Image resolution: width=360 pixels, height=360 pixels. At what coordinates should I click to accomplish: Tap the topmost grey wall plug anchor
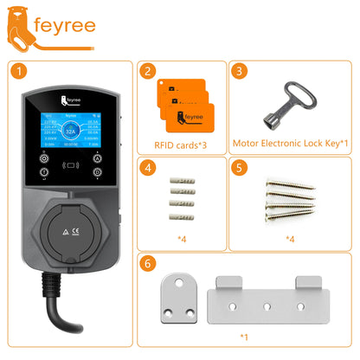pyautogui.click(x=183, y=177)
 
